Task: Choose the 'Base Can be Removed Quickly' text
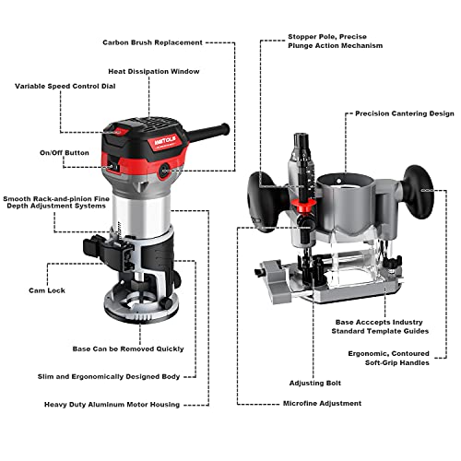(128, 349)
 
